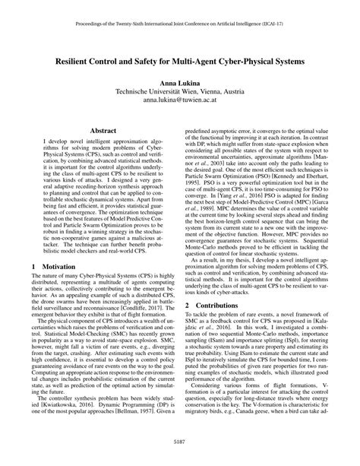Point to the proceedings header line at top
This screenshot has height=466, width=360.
point(180,23)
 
